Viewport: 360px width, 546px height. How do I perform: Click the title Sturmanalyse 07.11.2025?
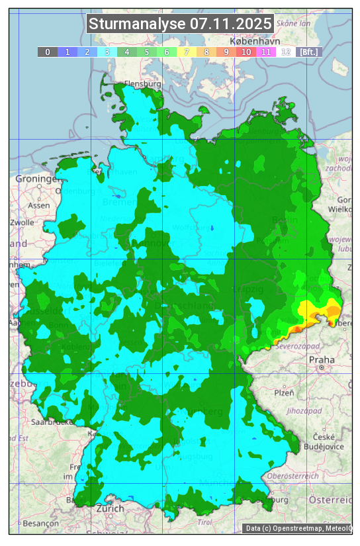(180, 24)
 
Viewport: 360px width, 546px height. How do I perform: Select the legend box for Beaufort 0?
(48, 52)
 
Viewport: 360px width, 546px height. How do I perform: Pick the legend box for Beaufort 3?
(107, 52)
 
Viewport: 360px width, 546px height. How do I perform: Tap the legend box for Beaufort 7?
(187, 52)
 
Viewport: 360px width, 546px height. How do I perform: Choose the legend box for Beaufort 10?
(246, 52)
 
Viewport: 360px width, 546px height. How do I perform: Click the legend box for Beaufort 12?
(286, 52)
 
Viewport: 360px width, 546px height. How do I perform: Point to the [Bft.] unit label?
(308, 52)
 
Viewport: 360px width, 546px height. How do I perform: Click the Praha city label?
(322, 360)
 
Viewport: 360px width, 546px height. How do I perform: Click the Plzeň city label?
(284, 392)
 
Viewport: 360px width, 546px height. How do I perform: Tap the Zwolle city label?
(22, 222)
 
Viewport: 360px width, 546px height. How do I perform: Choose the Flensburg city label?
(143, 85)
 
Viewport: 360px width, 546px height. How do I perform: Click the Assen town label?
(39, 206)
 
